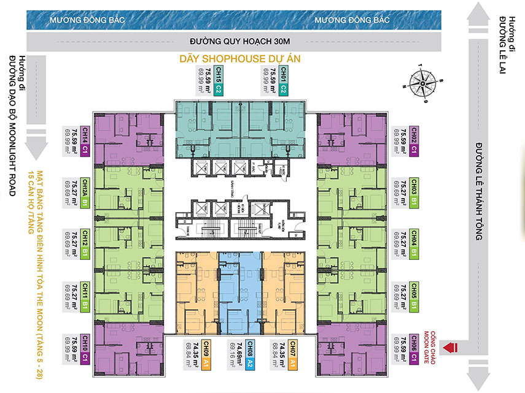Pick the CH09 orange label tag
pos(204,354)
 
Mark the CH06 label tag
pos(414,347)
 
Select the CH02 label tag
pos(414,139)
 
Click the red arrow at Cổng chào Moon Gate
pos(454,347)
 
